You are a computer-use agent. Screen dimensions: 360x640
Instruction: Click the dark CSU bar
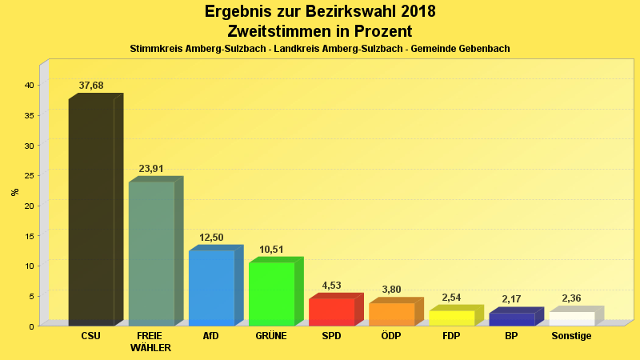pyautogui.click(x=91, y=212)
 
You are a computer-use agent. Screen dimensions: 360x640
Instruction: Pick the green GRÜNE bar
pyautogui.click(x=271, y=294)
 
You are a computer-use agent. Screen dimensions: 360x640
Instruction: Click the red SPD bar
pyautogui.click(x=331, y=312)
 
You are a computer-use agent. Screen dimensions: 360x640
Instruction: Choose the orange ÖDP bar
pyautogui.click(x=391, y=314)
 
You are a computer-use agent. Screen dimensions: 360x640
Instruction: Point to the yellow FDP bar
pyautogui.click(x=451, y=318)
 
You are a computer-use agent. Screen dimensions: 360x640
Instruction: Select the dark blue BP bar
pyautogui.click(x=511, y=319)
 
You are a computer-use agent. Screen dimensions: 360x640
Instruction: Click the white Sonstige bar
pyautogui.click(x=571, y=318)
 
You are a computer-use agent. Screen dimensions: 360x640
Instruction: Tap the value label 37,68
pyautogui.click(x=91, y=86)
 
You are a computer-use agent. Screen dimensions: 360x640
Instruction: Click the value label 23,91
pyautogui.click(x=151, y=169)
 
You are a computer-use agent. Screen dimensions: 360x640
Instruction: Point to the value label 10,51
pyautogui.click(x=271, y=250)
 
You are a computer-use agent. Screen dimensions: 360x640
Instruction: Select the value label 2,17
pyautogui.click(x=511, y=299)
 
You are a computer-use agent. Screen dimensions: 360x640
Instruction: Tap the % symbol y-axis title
pyautogui.click(x=14, y=192)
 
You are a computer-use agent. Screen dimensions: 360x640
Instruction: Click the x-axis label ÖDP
pyautogui.click(x=391, y=336)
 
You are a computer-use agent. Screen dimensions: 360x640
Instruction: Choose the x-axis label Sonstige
pyautogui.click(x=571, y=336)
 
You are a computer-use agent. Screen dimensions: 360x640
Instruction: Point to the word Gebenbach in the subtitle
pyautogui.click(x=480, y=49)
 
